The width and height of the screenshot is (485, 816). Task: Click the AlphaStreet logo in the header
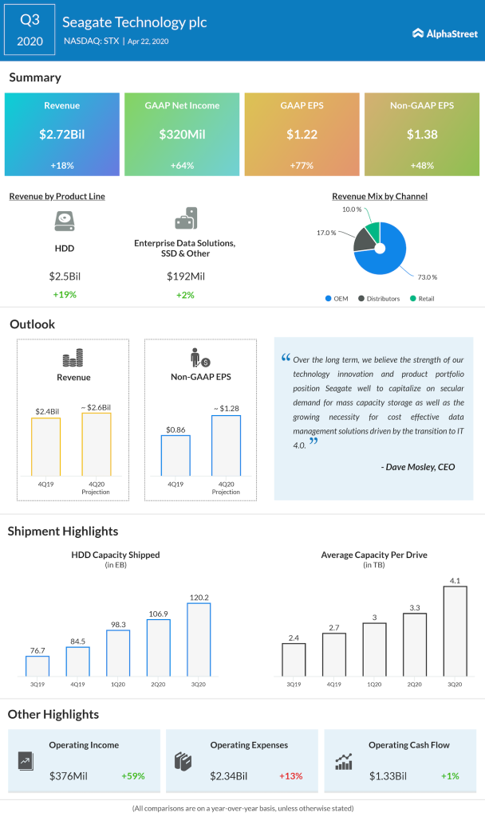[x=444, y=33]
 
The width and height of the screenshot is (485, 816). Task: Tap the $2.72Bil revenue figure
[x=62, y=135]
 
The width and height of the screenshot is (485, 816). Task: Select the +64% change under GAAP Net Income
[x=182, y=165]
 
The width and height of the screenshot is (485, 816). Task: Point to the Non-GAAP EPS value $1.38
[x=422, y=135]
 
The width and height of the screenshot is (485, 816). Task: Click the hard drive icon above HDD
[x=64, y=221]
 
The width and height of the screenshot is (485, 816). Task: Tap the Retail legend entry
[x=424, y=299]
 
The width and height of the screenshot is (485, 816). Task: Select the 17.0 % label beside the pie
[x=327, y=233]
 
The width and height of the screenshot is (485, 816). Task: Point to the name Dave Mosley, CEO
[x=417, y=467]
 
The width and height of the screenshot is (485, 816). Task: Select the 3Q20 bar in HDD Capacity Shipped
[x=199, y=639]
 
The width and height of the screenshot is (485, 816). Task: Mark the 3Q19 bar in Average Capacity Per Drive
[x=294, y=659]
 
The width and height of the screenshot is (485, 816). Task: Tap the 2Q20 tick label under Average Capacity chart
[x=414, y=684]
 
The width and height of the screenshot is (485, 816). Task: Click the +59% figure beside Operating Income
[x=132, y=775]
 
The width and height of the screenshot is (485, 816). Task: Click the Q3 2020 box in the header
[x=30, y=29]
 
